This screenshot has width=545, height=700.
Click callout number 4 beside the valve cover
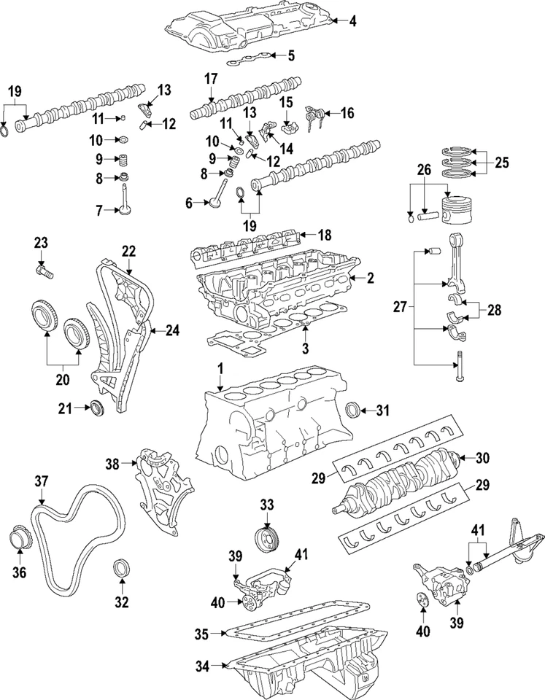[352, 22]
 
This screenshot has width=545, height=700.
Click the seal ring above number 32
[122, 567]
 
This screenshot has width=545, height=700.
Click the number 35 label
[202, 634]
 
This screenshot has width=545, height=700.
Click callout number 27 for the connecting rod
[398, 308]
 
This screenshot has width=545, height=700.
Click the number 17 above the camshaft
[211, 78]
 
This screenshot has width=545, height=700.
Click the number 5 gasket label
[290, 55]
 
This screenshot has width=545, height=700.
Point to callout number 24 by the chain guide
[172, 330]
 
